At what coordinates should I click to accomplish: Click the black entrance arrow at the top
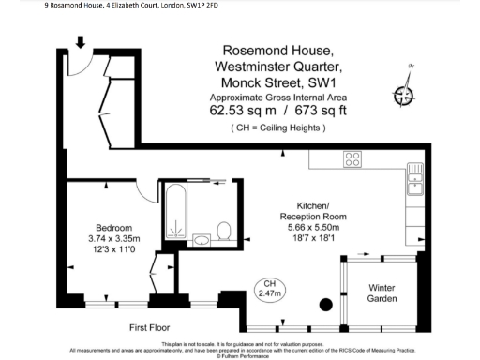pos(81,42)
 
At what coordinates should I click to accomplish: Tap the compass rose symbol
pos(405,94)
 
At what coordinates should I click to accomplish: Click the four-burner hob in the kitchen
pos(352,159)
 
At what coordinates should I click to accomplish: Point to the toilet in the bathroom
pos(224,230)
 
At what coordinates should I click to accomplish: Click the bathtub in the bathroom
pos(175,212)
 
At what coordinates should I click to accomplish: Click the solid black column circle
pos(325,304)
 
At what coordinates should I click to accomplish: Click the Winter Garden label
pos(382,292)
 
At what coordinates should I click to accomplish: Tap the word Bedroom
pos(113,227)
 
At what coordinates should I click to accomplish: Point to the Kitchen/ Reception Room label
pos(300,210)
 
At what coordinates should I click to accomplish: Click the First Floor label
pos(153,327)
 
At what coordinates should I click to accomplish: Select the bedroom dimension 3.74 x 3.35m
pos(112,238)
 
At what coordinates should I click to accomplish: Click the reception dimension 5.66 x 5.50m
pos(300,227)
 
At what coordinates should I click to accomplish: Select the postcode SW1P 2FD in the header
pos(175,5)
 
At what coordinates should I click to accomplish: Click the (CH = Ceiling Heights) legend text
pos(278,127)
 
